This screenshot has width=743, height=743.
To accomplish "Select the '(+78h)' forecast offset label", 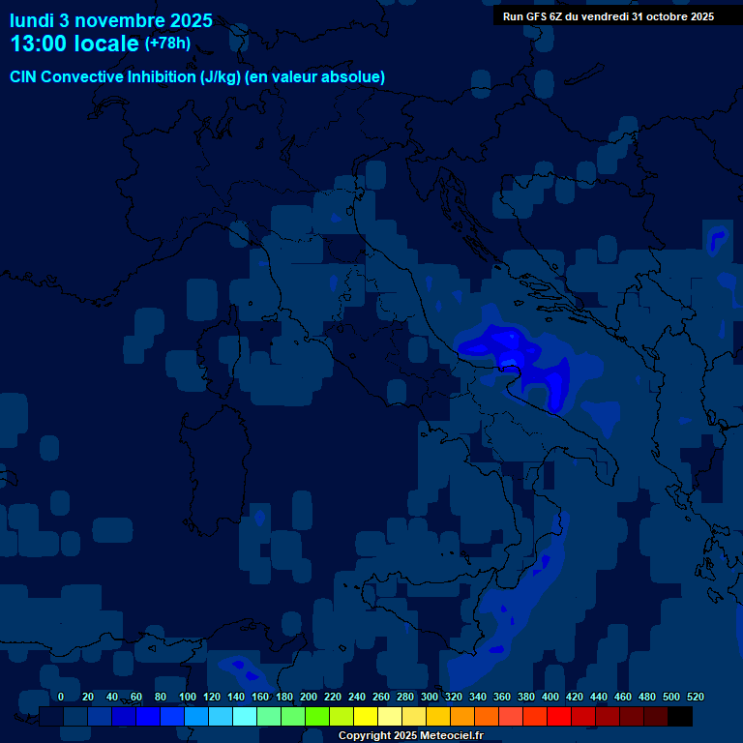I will [x=167, y=43].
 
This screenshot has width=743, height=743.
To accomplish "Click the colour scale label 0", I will [x=61, y=697].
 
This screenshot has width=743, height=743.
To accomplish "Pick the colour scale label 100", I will [x=188, y=697].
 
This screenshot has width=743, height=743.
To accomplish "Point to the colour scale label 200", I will [x=309, y=697].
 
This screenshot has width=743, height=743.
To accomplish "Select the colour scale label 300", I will [x=430, y=697].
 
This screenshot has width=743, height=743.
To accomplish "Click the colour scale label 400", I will [x=550, y=697].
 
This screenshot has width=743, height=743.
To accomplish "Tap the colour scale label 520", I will [x=695, y=697].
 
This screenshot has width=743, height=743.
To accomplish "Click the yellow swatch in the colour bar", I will [x=366, y=717].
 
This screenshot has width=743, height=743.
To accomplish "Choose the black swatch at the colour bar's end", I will [x=680, y=717].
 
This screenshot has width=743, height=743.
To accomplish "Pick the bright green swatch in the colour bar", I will [x=317, y=717].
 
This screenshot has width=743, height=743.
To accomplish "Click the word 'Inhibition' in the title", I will [x=162, y=76].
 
